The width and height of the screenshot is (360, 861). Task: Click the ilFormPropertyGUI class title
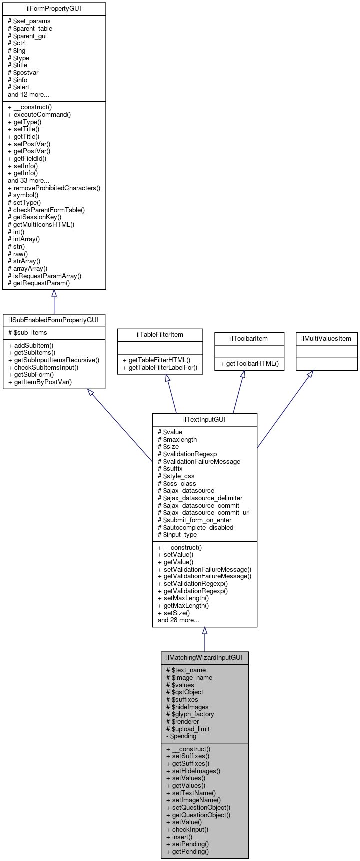pyautogui.click(x=54, y=9)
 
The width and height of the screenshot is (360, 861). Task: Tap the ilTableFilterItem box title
pyautogui.click(x=160, y=335)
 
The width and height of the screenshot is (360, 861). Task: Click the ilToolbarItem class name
pyautogui.click(x=249, y=339)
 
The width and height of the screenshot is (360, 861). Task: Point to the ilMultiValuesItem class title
pyautogui.click(x=326, y=339)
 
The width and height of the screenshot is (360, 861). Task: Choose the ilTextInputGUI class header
pyautogui.click(x=204, y=420)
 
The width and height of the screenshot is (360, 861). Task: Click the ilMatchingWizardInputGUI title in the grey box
pyautogui.click(x=204, y=658)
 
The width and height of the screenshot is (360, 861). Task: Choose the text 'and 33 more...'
pyautogui.click(x=29, y=181)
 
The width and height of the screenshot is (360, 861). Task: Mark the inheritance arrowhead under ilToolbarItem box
pyautogui.click(x=243, y=374)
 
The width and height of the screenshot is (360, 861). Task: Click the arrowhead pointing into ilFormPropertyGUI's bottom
pyautogui.click(x=54, y=294)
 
